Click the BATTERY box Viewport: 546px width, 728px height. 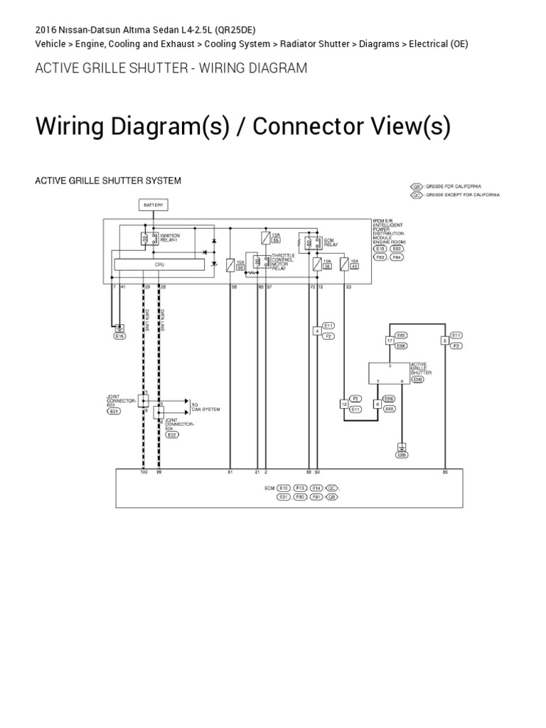tap(153, 205)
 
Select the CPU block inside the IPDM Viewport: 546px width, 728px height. tap(159, 264)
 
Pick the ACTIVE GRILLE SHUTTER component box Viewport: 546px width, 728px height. tap(388, 372)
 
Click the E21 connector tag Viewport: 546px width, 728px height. tap(114, 412)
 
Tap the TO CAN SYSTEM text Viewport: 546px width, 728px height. tap(205, 407)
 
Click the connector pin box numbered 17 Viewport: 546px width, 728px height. tap(390, 341)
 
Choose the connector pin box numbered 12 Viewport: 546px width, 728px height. tap(344, 404)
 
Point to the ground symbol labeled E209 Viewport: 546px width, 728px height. tap(402, 449)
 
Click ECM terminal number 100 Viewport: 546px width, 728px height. tap(144, 472)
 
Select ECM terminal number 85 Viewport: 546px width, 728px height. tap(445, 472)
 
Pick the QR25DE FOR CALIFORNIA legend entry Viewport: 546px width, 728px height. tap(455, 186)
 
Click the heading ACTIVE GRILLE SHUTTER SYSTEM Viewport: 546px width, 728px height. tap(108, 181)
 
